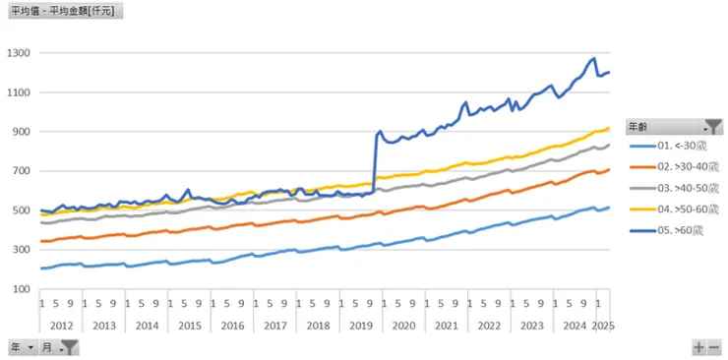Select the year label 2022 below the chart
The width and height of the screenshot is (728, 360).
[488, 325]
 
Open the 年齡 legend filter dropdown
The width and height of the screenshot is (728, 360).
[706, 127]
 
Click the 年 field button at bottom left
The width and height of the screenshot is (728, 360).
[23, 347]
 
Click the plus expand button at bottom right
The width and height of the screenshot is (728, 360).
[698, 347]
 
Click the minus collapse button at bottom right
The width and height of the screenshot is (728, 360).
[714, 347]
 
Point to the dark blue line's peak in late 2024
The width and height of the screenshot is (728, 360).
[593, 59]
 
